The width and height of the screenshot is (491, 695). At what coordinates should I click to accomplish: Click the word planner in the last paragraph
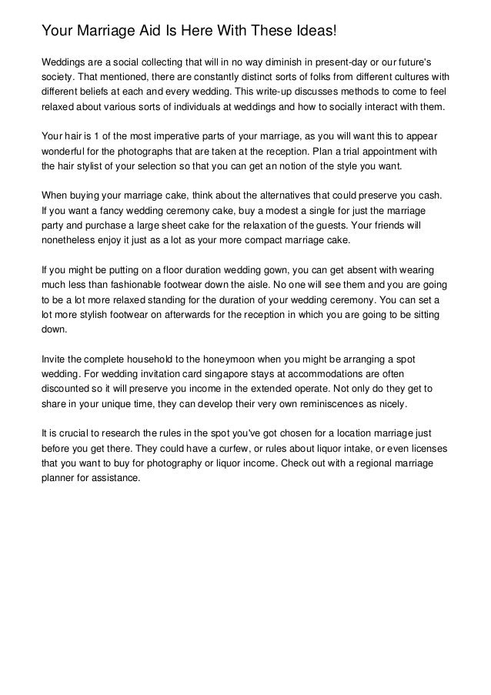coord(58,477)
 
